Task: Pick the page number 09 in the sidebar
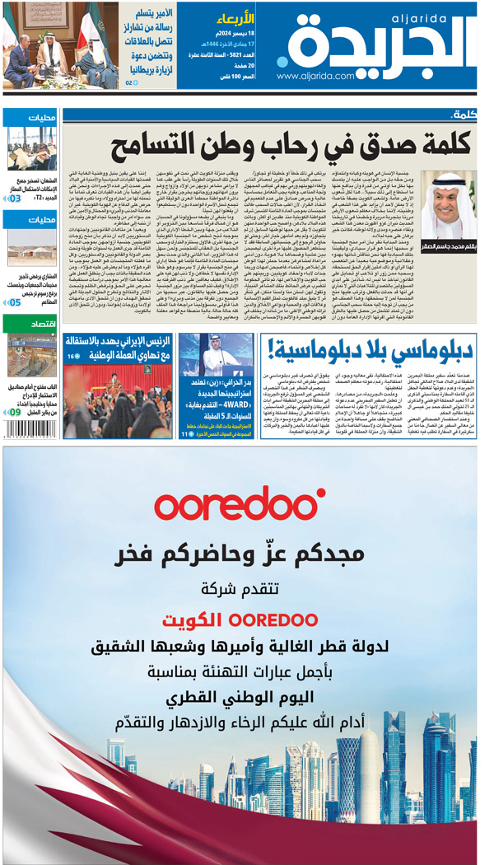pyautogui.click(x=15, y=412)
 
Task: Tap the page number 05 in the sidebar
pyautogui.click(x=15, y=302)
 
